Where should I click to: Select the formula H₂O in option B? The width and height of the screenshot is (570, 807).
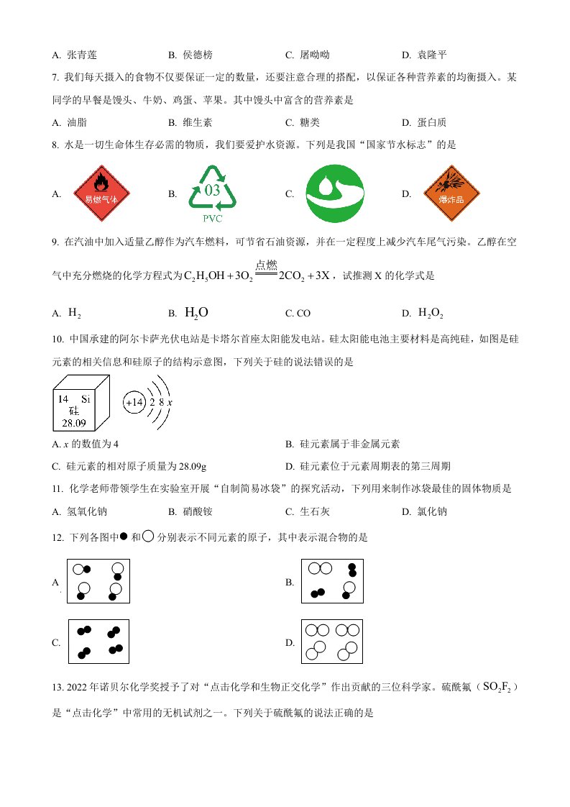(196, 312)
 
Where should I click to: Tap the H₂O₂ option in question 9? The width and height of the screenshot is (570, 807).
(432, 313)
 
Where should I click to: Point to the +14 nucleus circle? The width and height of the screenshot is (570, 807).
(134, 403)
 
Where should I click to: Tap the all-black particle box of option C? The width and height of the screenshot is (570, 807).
(98, 642)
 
